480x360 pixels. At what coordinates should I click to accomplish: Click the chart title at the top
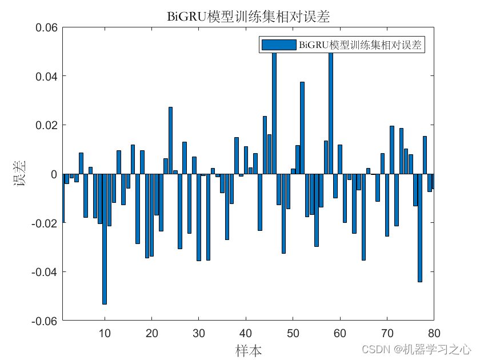(x=248, y=17)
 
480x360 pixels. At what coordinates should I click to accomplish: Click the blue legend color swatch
(x=278, y=45)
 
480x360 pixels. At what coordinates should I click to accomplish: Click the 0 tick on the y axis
(x=54, y=174)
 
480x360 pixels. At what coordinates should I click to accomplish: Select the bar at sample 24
(x=170, y=141)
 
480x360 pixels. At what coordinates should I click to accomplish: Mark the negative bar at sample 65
(x=363, y=217)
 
